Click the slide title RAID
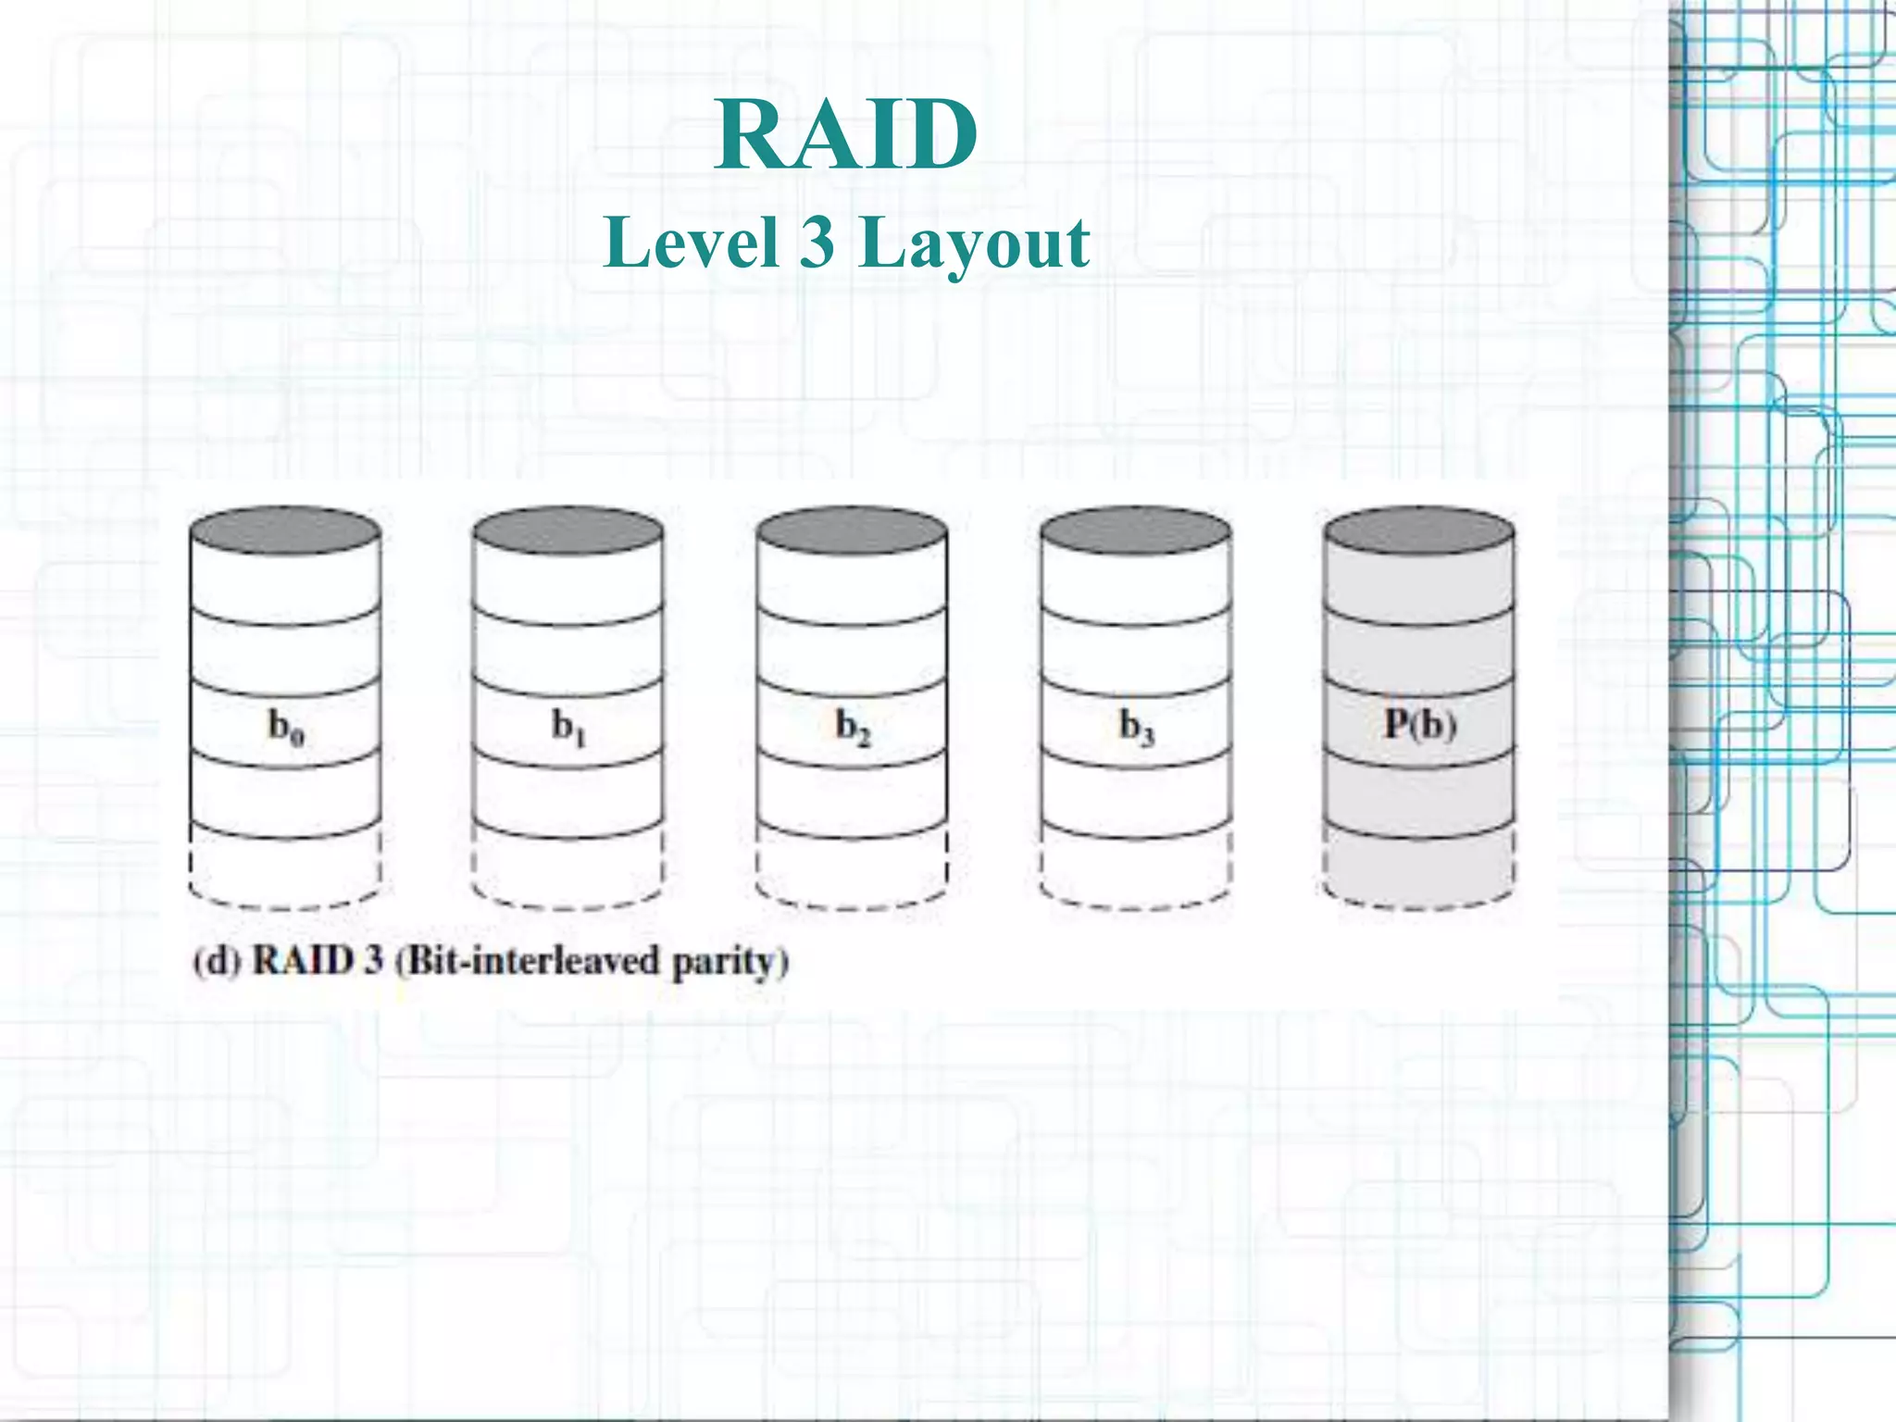846,136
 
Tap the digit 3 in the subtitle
817,243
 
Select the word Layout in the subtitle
974,244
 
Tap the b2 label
853,727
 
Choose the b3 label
1136,727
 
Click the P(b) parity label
1420,724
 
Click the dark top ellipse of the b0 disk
285,531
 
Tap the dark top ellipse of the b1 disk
568,531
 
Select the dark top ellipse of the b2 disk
852,531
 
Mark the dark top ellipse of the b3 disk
1136,531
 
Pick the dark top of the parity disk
1419,531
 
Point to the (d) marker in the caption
216,961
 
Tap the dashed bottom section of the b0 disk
285,870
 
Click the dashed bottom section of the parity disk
1419,870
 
